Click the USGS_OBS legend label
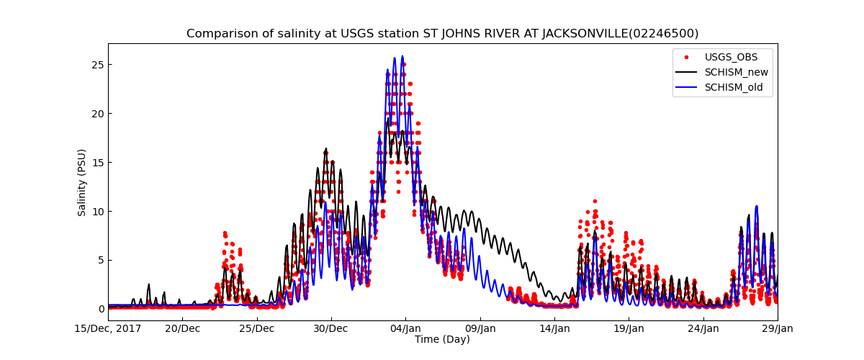(731, 57)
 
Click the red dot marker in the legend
(685, 57)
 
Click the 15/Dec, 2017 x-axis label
(107, 328)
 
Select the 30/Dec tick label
(331, 328)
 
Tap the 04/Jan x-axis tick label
(405, 328)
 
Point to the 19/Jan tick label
(629, 328)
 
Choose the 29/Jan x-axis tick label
(778, 328)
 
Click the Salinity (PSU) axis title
(82, 182)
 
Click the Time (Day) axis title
(442, 339)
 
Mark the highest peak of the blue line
(402, 56)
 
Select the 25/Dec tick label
(256, 328)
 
